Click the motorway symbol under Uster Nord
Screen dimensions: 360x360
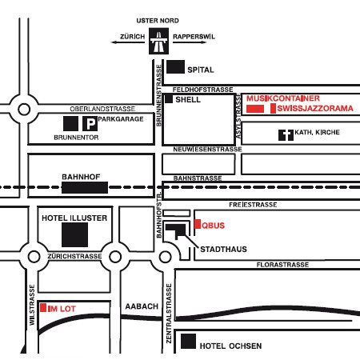pyautogui.click(x=158, y=41)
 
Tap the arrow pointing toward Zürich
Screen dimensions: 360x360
pyautogui.click(x=128, y=42)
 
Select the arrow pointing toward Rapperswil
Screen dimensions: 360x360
pyautogui.click(x=190, y=42)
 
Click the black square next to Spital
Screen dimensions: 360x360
pyautogui.click(x=175, y=66)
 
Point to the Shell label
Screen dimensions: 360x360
pyautogui.click(x=188, y=100)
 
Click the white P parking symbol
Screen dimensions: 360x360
pyautogui.click(x=90, y=123)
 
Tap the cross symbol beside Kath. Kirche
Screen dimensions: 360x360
pyautogui.click(x=286, y=135)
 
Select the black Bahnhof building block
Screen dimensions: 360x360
pyautogui.click(x=85, y=187)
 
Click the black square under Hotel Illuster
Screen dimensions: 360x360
pyautogui.click(x=74, y=235)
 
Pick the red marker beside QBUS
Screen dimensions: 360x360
pyautogui.click(x=198, y=224)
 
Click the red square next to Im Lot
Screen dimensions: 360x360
pyautogui.click(x=43, y=307)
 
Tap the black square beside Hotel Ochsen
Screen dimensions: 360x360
pyautogui.click(x=188, y=342)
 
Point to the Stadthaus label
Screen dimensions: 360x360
pyautogui.click(x=223, y=250)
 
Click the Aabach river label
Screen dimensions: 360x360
pyautogui.click(x=142, y=306)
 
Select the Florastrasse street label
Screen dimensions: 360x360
pyautogui.click(x=282, y=265)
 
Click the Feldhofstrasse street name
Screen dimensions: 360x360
pyautogui.click(x=202, y=90)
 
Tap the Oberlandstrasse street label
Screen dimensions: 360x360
pyautogui.click(x=102, y=109)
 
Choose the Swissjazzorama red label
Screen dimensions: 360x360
pyautogui.click(x=315, y=108)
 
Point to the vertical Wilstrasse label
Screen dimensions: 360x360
pyautogui.click(x=32, y=305)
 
